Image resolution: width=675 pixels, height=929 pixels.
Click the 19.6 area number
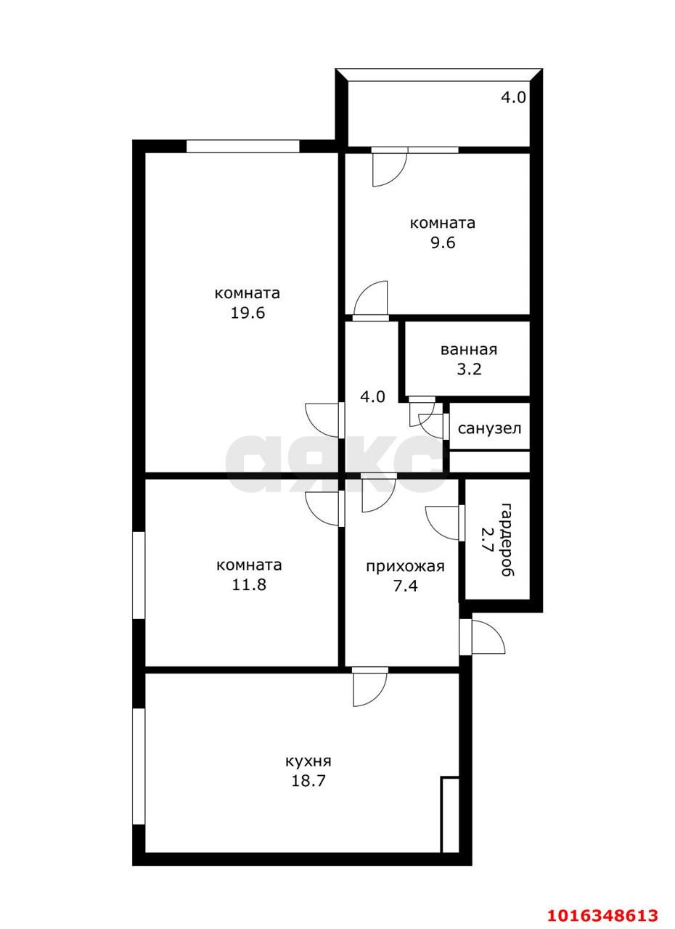click(247, 313)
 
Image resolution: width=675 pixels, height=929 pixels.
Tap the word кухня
click(308, 761)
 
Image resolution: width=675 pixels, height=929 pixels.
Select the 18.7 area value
click(308, 781)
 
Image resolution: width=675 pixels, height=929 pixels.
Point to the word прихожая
click(405, 567)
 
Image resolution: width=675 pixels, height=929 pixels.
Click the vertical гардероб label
click(508, 539)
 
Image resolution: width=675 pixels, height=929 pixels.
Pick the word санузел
click(489, 428)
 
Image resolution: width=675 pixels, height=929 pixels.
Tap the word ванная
click(469, 350)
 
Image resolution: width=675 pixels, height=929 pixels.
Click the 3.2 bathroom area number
click(469, 369)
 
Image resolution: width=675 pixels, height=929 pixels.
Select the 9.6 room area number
click(443, 242)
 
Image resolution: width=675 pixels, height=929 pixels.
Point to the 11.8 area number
click(249, 585)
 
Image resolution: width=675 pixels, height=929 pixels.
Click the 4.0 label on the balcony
click(514, 97)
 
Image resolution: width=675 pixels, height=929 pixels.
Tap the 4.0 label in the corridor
click(373, 397)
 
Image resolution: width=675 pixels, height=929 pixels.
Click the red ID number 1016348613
click(604, 903)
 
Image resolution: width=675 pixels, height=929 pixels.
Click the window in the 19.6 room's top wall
click(242, 147)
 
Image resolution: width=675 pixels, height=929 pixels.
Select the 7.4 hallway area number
click(405, 586)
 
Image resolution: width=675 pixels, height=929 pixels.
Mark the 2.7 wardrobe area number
click(489, 539)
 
